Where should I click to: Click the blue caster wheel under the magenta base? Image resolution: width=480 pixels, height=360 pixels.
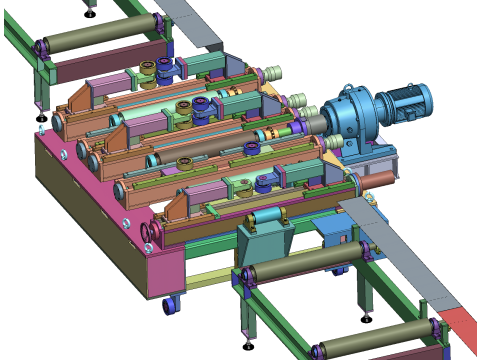[169, 304]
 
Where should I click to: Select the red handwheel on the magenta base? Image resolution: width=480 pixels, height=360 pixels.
[149, 236]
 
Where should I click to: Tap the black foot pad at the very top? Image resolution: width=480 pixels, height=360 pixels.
[90, 13]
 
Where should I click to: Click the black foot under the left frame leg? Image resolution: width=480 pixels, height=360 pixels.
[41, 118]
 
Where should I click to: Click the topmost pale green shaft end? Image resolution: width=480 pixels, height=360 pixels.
[273, 73]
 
